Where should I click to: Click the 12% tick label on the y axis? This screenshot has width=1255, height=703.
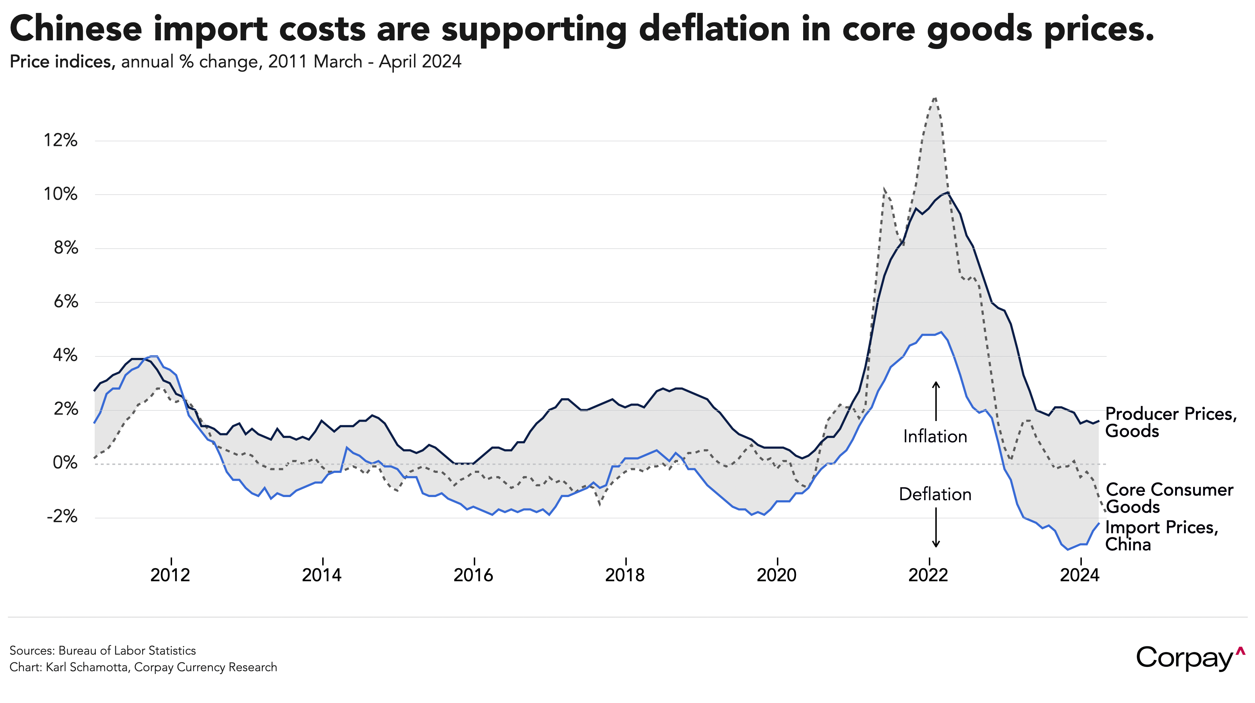(61, 141)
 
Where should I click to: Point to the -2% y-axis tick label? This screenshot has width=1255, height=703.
(62, 517)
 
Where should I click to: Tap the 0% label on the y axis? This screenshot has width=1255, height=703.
(65, 463)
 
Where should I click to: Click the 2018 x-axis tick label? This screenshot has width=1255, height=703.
(625, 575)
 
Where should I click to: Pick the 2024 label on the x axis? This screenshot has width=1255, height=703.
(1080, 575)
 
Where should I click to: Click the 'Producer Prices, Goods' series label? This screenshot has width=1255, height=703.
(1171, 422)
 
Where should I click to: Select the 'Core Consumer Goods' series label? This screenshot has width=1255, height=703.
(1169, 498)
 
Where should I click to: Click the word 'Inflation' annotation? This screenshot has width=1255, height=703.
(935, 436)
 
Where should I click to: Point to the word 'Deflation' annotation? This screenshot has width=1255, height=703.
(935, 494)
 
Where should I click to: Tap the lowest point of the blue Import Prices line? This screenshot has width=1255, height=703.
(1067, 550)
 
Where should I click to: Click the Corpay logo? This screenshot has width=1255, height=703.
(1190, 658)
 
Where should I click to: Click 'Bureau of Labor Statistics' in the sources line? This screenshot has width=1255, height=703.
(127, 650)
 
